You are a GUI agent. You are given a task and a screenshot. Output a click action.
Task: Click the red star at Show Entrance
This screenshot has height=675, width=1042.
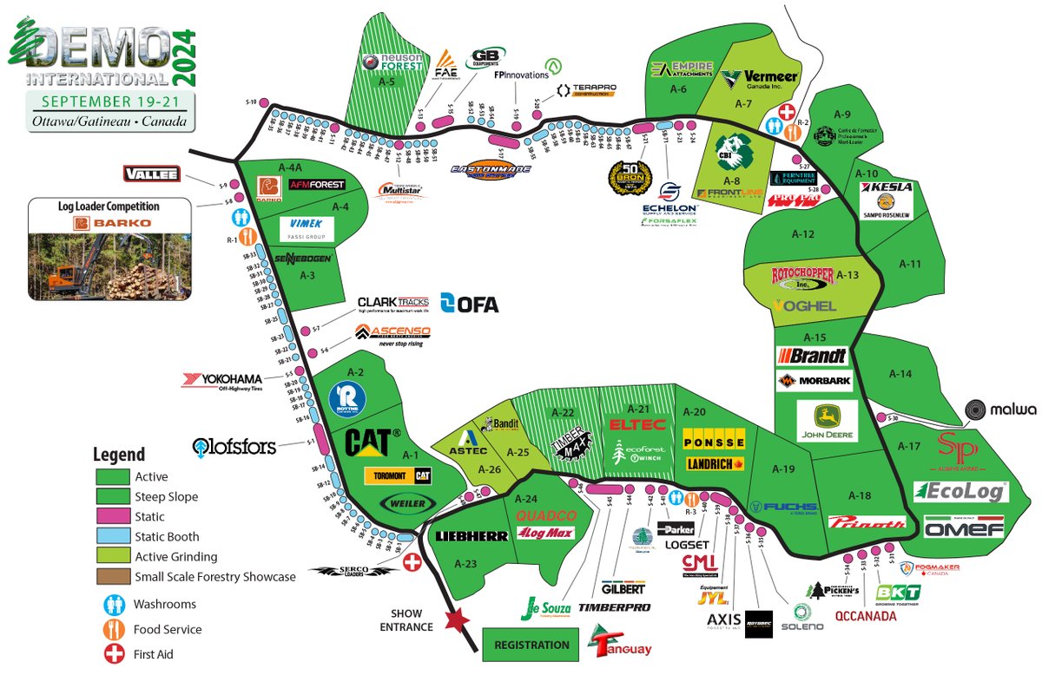click(x=453, y=621)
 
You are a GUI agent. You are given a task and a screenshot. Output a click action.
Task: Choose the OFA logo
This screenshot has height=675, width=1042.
click(x=470, y=303)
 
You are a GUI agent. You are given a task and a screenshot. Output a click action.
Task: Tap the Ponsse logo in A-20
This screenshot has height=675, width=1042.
click(x=714, y=441)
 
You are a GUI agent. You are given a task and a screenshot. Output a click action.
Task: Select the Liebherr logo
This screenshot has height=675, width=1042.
click(x=472, y=536)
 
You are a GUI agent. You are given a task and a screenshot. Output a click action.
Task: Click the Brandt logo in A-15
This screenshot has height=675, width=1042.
click(x=813, y=355)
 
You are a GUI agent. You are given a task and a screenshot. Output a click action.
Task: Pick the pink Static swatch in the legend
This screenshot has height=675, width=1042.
click(x=112, y=516)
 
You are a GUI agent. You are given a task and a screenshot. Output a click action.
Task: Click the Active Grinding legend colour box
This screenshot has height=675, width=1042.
click(x=112, y=556)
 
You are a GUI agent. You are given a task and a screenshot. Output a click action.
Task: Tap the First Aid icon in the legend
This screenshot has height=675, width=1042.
click(x=113, y=654)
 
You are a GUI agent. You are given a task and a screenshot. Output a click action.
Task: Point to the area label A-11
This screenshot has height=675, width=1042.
click(x=909, y=264)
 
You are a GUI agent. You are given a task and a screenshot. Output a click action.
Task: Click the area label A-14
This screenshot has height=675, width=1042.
click(x=901, y=374)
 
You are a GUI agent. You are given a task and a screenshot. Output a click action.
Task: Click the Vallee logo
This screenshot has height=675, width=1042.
click(x=152, y=174)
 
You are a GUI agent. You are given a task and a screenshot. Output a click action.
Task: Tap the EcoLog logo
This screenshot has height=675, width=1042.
click(x=960, y=492)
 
